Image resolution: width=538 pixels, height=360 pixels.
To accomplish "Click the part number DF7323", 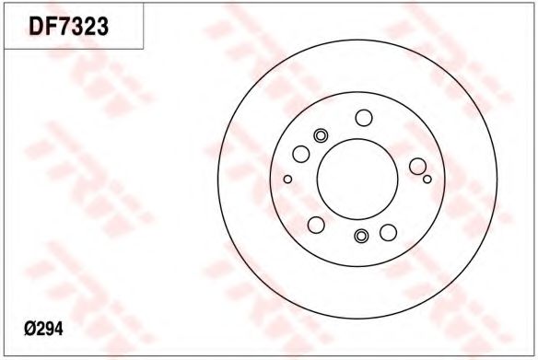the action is click(x=68, y=27).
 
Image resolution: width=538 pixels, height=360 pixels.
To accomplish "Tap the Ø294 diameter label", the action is click(x=43, y=330).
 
